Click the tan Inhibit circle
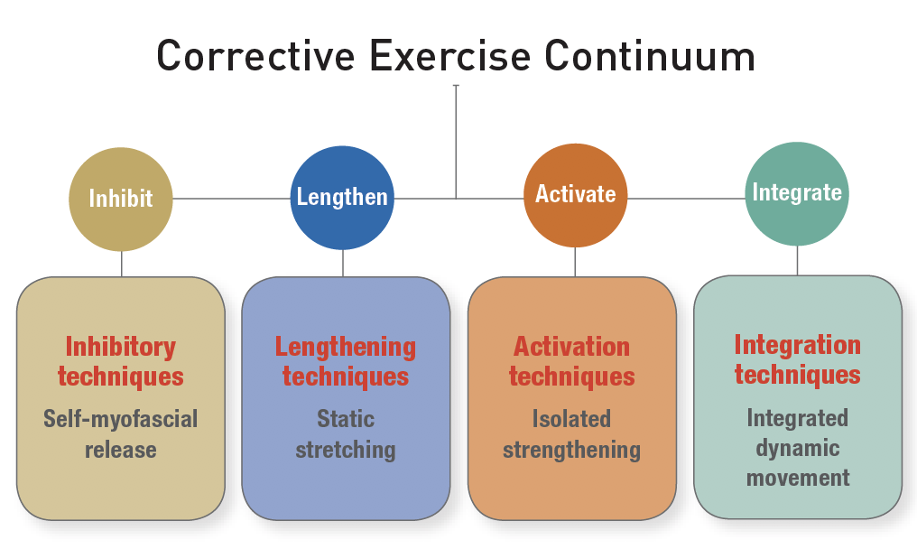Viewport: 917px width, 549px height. [x=121, y=199]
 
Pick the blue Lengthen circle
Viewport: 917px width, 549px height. [x=342, y=198]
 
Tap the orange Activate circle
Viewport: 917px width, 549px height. [x=575, y=195]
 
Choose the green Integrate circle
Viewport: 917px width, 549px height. [x=797, y=193]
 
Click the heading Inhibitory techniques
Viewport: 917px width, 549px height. [x=121, y=361]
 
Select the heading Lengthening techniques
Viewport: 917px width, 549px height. [x=346, y=361]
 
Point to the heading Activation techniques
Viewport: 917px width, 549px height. [x=571, y=361]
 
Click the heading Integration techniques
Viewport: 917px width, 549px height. [x=797, y=359]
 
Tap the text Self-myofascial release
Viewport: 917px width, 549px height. [x=121, y=433]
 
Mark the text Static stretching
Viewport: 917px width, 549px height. [x=346, y=433]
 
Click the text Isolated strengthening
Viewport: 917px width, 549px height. [x=571, y=433]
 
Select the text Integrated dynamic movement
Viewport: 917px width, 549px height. [x=797, y=447]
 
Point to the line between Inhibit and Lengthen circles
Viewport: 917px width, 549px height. [x=232, y=199]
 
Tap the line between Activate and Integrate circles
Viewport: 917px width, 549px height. [x=686, y=199]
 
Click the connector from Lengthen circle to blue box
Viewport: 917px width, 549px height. [x=343, y=263]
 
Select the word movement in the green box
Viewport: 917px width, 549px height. [x=798, y=477]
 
